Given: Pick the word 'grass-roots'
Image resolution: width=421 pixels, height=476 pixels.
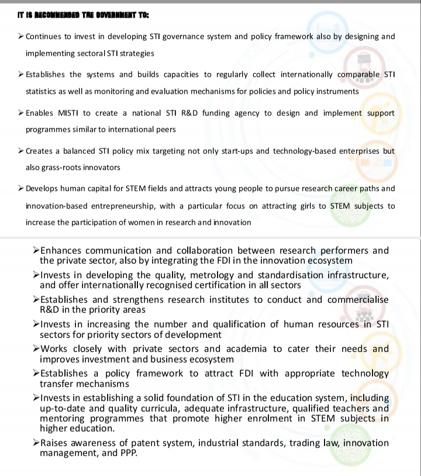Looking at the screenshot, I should (x=61, y=167).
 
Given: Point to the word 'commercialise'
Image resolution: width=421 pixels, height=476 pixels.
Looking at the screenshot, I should (x=357, y=299).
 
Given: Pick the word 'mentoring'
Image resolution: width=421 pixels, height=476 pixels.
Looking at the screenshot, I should (x=64, y=419).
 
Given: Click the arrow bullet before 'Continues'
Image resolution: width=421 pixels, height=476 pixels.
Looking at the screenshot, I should (x=21, y=36).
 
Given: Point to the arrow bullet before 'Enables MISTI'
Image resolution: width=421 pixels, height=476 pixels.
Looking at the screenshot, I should (x=21, y=113).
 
